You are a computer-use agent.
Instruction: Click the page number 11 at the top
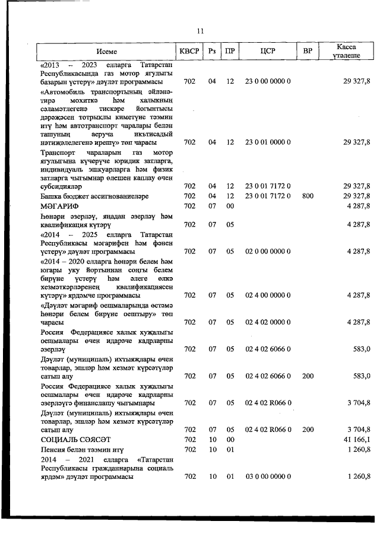[x=200, y=31]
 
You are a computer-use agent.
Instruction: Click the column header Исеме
[x=108, y=51]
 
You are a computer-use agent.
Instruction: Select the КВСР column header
[x=189, y=51]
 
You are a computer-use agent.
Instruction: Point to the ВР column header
[x=307, y=51]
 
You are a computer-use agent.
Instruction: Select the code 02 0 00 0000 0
[x=267, y=252]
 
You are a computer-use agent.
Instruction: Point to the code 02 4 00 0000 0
[x=267, y=295]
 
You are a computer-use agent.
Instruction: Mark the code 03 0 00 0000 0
[x=267, y=476]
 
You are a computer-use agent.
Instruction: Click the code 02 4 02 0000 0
[x=267, y=322]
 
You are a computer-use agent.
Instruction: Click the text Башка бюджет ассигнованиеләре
[x=94, y=195]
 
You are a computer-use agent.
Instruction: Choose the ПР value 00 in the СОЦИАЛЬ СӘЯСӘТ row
[x=230, y=440]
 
